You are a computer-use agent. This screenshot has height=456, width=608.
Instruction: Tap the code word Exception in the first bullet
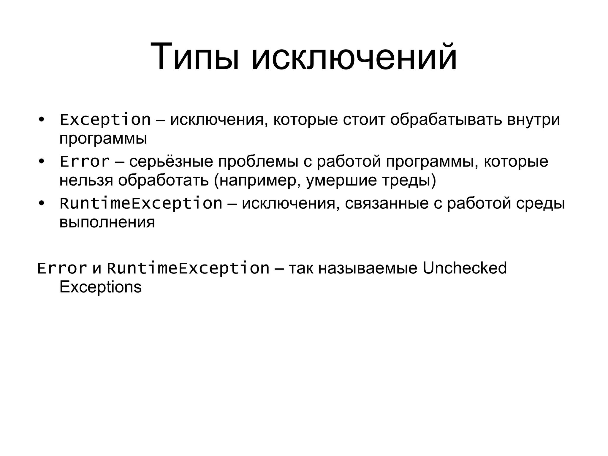click(x=105, y=120)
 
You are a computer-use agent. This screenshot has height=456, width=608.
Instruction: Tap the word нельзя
click(x=86, y=180)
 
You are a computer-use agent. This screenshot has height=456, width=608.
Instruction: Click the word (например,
click(x=257, y=180)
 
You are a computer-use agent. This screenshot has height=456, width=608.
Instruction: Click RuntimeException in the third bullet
click(x=141, y=204)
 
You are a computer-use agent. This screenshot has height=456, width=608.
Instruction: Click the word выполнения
click(x=107, y=222)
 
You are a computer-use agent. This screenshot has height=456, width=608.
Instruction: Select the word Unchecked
click(x=464, y=268)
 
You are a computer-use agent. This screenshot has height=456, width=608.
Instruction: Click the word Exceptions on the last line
click(x=100, y=287)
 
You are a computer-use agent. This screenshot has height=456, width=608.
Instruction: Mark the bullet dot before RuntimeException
click(x=42, y=204)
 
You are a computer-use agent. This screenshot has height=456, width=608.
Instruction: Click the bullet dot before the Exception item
click(x=42, y=120)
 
